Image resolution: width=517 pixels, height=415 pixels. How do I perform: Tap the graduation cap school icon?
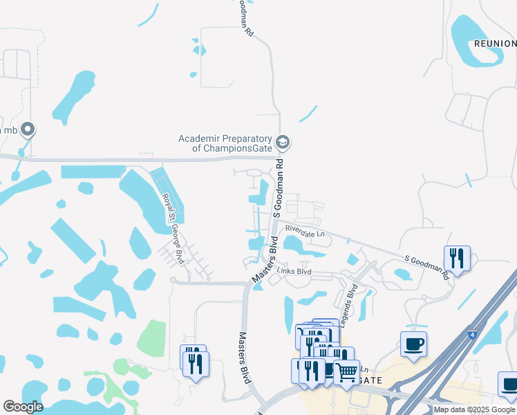[x=282, y=142]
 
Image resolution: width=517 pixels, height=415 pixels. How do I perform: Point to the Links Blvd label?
[x=294, y=272]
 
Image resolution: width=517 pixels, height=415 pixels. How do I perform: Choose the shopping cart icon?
[x=346, y=370]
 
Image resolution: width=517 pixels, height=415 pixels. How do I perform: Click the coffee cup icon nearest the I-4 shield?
[x=413, y=344]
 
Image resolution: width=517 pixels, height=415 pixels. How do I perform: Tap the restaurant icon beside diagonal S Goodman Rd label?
[x=457, y=258]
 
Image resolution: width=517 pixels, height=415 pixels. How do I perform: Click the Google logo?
[x=23, y=407]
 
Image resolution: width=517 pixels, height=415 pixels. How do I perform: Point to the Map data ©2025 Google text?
[x=474, y=409]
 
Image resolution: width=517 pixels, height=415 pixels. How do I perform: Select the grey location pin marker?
[x=28, y=129]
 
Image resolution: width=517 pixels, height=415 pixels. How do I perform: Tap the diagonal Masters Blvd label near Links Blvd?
[x=265, y=259]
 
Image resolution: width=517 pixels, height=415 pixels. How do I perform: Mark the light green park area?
[x=151, y=337]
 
